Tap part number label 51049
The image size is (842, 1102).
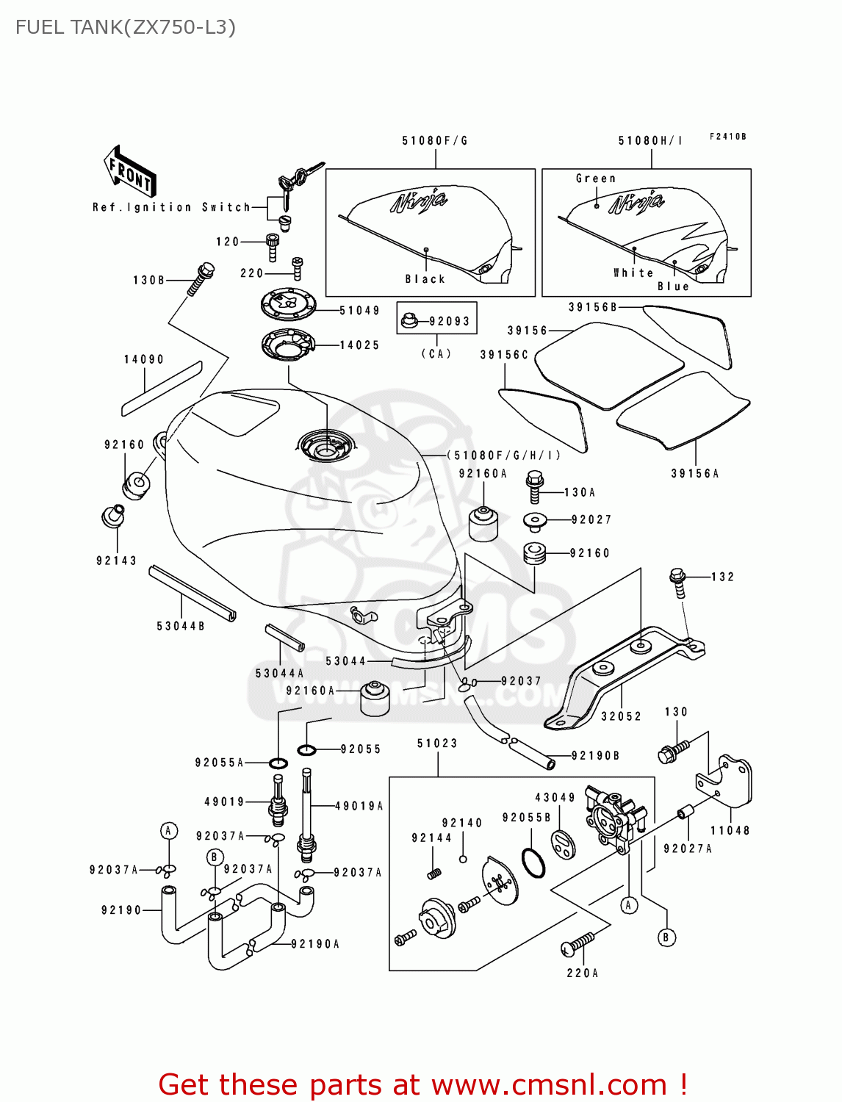click(359, 311)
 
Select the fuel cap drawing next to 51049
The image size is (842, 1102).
click(289, 304)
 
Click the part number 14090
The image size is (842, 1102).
click(143, 359)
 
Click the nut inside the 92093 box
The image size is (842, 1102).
click(410, 321)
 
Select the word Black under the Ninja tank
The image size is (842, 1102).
click(425, 279)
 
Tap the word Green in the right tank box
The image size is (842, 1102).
click(595, 179)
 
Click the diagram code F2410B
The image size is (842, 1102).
click(727, 137)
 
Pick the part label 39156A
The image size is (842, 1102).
click(694, 474)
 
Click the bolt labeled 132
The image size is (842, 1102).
click(678, 582)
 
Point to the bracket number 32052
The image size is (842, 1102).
click(621, 716)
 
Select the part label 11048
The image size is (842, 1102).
click(730, 830)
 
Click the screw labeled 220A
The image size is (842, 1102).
click(579, 944)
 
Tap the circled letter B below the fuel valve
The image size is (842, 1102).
click(666, 937)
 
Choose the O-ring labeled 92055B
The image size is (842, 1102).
click(533, 863)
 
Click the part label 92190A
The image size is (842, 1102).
click(315, 944)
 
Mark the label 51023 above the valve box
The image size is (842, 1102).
click(437, 743)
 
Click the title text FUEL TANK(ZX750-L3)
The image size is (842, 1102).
click(126, 28)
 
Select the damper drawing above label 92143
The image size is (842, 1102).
click(112, 516)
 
